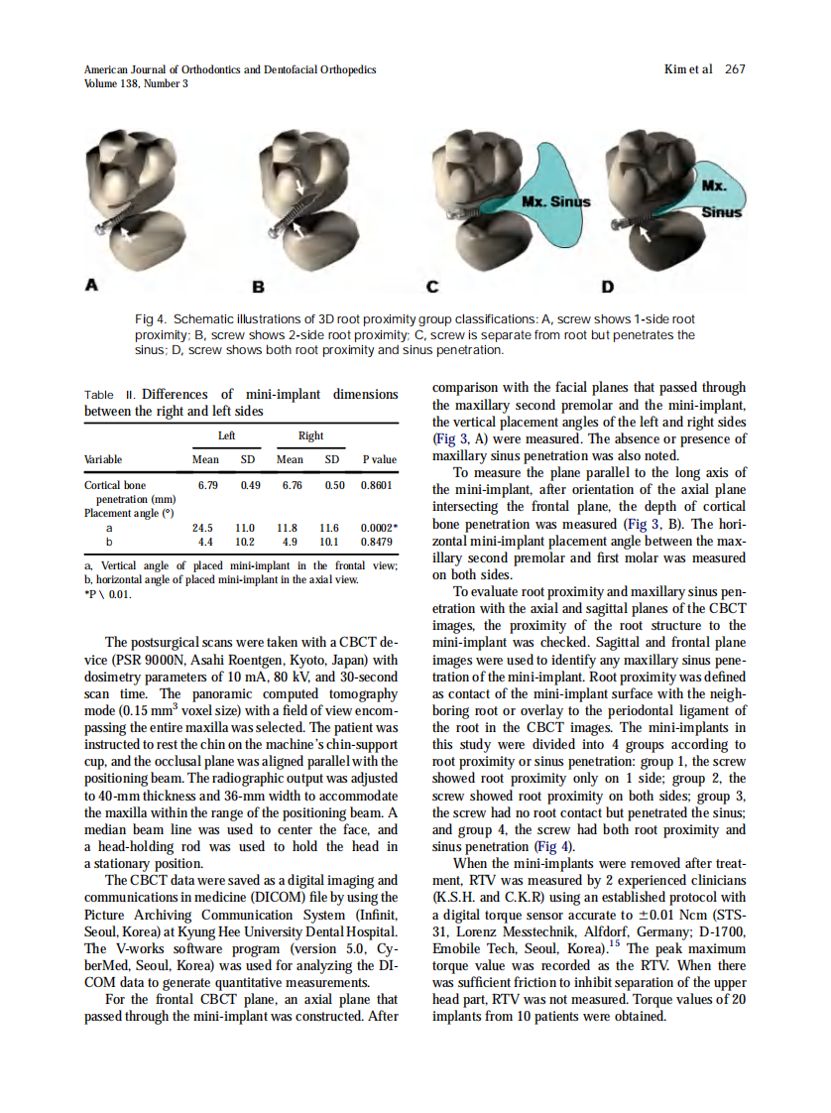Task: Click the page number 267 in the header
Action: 735,68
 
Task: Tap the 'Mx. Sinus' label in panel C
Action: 555,202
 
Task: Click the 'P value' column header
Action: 379,459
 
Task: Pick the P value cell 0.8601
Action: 379,485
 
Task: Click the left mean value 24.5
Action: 205,529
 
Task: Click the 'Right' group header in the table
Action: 310,435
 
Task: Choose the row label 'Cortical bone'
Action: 116,485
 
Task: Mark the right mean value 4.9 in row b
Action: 290,543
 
